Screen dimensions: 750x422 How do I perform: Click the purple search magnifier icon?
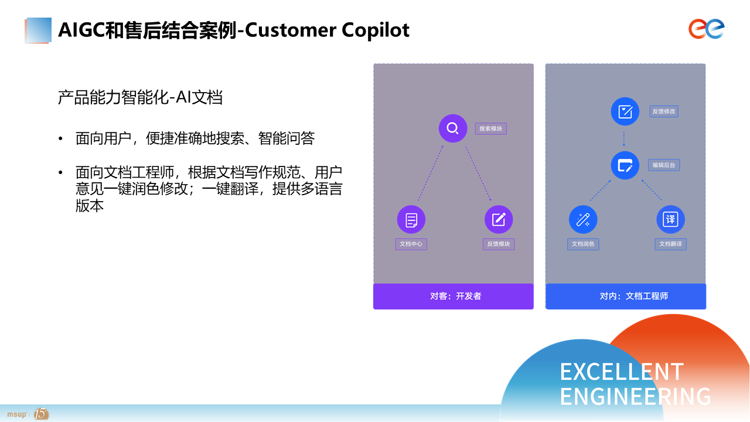pos(453,128)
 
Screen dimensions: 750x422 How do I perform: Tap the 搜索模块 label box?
pos(490,128)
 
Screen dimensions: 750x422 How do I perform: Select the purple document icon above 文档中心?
pos(411,220)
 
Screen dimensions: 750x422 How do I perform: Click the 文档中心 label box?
pos(411,244)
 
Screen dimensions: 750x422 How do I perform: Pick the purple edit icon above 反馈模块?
pos(499,220)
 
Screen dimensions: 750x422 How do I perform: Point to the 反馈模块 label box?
pos(499,244)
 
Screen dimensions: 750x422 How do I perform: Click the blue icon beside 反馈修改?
pos(625,111)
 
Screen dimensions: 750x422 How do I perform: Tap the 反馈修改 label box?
pos(664,111)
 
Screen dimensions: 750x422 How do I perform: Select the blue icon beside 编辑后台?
pos(625,165)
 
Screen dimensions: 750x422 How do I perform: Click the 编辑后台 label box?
pos(664,165)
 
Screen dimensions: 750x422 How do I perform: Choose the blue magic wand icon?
pos(583,220)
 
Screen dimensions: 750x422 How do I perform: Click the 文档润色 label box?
pos(583,244)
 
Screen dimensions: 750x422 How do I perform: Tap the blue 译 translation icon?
pos(670,220)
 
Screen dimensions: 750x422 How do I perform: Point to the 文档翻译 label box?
pos(671,244)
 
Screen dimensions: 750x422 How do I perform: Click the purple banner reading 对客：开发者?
pos(454,296)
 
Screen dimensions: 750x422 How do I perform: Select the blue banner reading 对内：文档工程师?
pos(625,296)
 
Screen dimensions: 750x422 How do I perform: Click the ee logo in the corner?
pos(707,29)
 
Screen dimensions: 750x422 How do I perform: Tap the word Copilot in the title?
pos(376,30)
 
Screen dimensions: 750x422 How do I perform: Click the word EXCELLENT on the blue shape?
pos(622,372)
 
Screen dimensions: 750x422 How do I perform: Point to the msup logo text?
pos(17,414)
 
